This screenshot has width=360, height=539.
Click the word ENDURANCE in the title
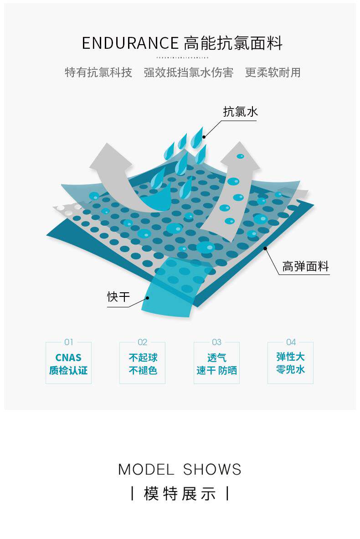click(x=130, y=43)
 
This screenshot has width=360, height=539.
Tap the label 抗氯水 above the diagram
click(x=240, y=112)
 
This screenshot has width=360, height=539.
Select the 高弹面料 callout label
click(x=305, y=266)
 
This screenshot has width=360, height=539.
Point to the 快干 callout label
click(x=118, y=297)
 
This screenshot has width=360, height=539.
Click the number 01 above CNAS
click(x=68, y=342)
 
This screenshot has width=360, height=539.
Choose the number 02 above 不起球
click(x=143, y=342)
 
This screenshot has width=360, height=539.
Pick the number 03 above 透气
click(x=216, y=342)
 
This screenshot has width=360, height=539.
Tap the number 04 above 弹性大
click(x=291, y=342)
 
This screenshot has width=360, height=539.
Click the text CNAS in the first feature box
click(x=68, y=358)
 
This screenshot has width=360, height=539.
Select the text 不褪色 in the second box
click(x=143, y=370)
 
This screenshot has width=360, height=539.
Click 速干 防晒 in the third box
click(x=216, y=370)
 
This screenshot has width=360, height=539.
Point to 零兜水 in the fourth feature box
click(x=291, y=369)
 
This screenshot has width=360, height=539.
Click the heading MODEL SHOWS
click(x=180, y=470)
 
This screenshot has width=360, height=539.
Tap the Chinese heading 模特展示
click(x=180, y=493)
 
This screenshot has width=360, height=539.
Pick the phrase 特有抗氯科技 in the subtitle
click(x=98, y=73)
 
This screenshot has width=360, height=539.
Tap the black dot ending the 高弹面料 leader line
click(x=265, y=249)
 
